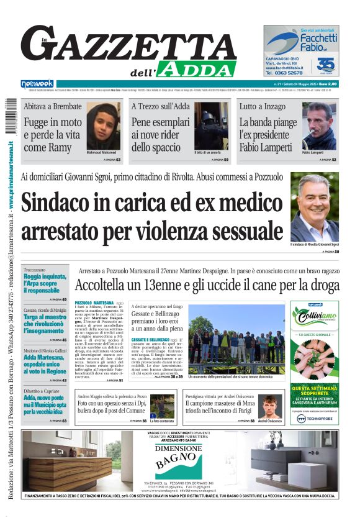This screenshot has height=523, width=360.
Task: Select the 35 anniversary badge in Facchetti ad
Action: pos(325,65)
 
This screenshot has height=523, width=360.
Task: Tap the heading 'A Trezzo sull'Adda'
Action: pos(160,106)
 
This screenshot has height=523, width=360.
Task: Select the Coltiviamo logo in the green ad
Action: pos(315,313)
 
